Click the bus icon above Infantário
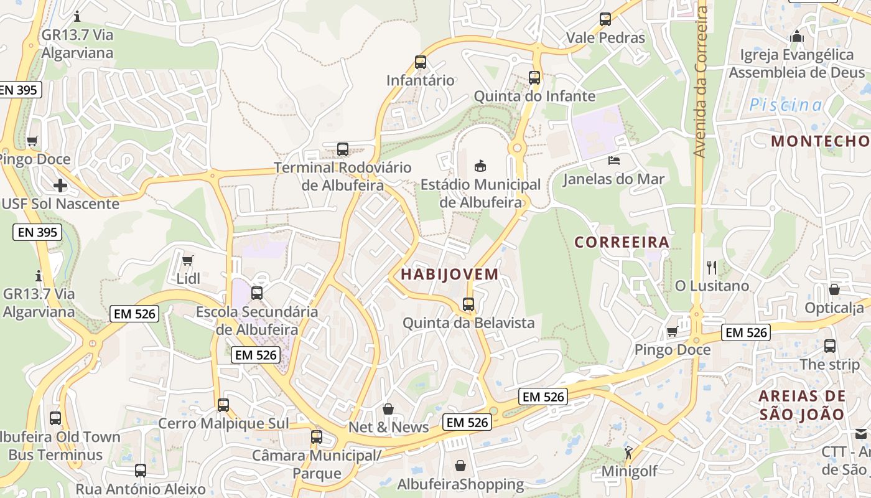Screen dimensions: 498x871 pos(421,62)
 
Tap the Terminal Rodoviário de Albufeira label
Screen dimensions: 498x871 pos(343,176)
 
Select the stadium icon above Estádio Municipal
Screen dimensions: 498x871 pos(480,166)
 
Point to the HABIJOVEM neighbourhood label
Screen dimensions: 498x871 pos(450,274)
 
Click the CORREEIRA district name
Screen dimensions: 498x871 pos(622,242)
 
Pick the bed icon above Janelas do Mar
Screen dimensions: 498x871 pos(614,161)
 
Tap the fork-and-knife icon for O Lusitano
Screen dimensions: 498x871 pos(712,268)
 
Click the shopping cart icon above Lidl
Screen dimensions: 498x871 pos(188,260)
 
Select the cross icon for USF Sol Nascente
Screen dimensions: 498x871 pos(60,186)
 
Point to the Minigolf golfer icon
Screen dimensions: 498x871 pos(628,452)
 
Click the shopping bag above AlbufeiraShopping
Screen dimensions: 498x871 pos(460,466)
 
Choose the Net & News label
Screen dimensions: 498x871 pos(389,427)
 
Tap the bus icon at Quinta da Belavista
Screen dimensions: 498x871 pos(468,304)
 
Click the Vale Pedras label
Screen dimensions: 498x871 pos(605,38)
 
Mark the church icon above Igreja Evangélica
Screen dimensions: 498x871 pos(797,36)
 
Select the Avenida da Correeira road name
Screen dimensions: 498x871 pos(701,81)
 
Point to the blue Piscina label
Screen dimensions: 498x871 pos(785,105)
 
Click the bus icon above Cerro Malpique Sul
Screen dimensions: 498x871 pos(223,405)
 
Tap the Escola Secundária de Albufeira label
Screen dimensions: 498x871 pos(257,320)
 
